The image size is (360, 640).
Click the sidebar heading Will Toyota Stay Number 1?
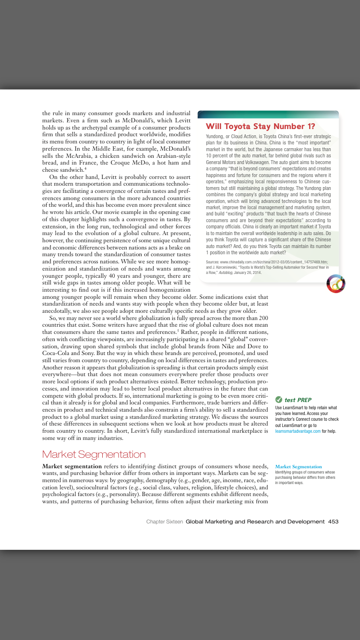(260, 127)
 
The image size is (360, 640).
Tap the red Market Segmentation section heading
(94, 454)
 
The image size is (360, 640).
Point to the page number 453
(333, 521)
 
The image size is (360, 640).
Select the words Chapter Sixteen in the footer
(165, 521)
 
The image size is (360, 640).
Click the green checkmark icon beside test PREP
(278, 400)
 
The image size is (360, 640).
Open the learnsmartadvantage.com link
(298, 431)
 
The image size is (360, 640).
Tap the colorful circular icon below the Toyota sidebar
(336, 284)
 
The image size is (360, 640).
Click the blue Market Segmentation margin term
(299, 466)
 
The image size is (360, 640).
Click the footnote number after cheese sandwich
(85, 168)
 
